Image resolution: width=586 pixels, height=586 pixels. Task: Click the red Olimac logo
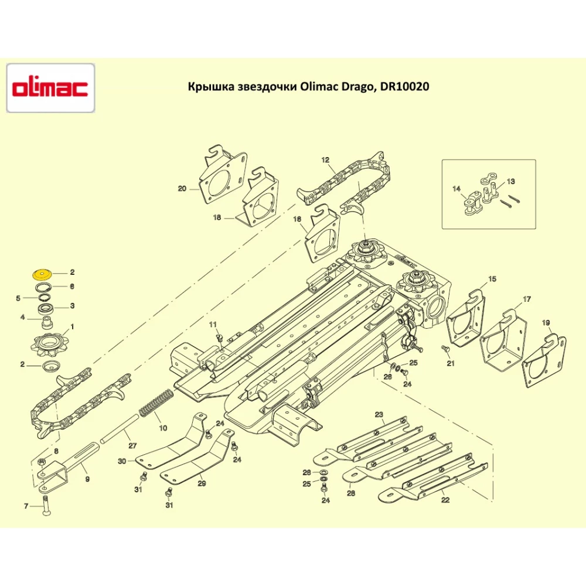50,88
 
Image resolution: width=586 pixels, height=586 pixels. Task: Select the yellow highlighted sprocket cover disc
42,273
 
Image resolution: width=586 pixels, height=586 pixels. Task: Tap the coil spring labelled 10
155,403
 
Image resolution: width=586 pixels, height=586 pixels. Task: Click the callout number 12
325,159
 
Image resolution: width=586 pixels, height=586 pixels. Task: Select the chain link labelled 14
471,204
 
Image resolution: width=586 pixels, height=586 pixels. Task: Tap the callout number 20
182,189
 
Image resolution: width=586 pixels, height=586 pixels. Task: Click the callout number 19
546,323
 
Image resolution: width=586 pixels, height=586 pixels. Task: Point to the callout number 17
527,299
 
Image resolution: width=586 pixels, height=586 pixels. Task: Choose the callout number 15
492,279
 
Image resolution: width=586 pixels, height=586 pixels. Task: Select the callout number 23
379,415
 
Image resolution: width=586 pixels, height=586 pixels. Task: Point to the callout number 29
202,483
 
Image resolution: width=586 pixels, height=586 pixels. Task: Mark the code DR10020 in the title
404,87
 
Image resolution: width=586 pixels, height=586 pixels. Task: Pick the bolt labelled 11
219,338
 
